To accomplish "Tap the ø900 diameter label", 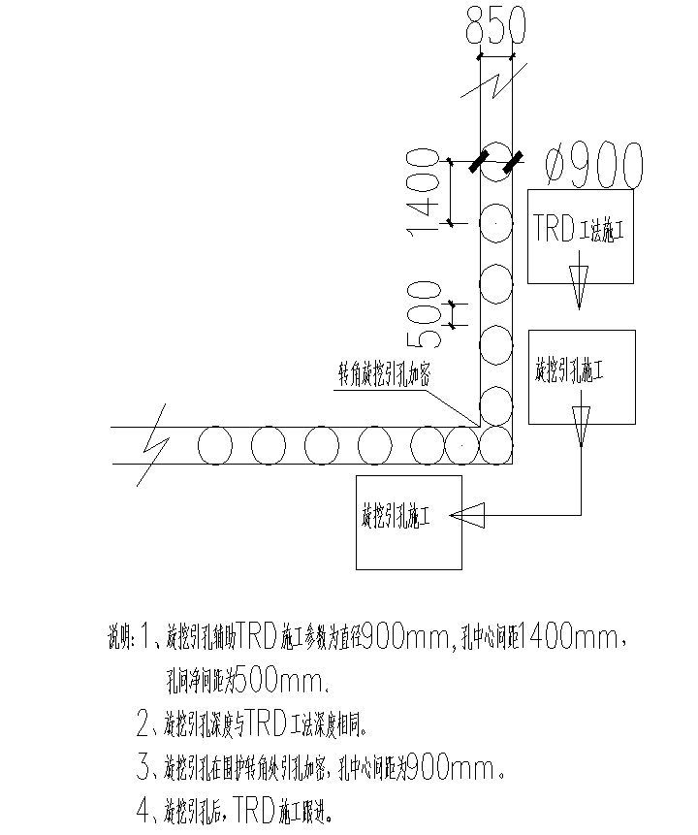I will (593, 166).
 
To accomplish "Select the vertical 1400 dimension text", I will (425, 191).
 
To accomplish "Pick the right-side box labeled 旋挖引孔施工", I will (582, 375).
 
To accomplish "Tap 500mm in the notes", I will (281, 680).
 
